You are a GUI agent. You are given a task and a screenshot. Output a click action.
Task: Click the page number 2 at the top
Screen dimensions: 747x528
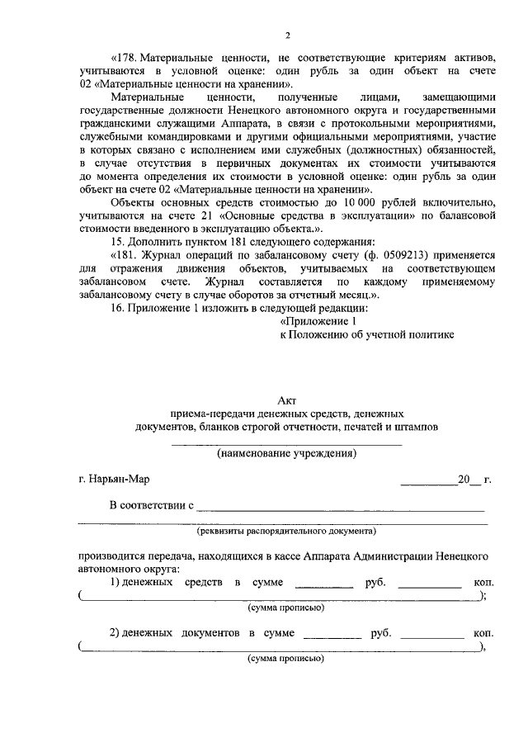pyautogui.click(x=287, y=35)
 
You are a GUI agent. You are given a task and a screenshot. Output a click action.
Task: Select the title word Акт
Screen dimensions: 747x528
pyautogui.click(x=287, y=400)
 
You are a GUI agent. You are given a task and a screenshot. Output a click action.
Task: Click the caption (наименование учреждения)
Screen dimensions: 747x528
pyautogui.click(x=286, y=453)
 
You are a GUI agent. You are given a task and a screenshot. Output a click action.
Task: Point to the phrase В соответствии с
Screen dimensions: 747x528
pyautogui.click(x=151, y=504)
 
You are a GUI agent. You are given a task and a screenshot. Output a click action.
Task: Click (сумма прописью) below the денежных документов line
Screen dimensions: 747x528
pyautogui.click(x=286, y=660)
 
